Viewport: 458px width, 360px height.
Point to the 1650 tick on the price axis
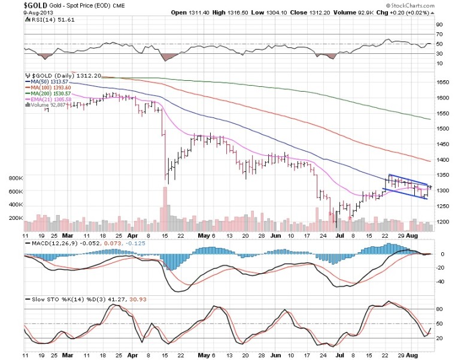pyautogui.click(x=443, y=82)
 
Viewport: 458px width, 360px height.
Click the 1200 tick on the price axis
pyautogui.click(x=443, y=222)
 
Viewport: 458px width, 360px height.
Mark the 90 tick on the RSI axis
pyautogui.click(x=439, y=25)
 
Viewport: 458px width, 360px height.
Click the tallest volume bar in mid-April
pyautogui.click(x=163, y=209)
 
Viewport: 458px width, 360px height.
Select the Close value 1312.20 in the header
pyautogui.click(x=299, y=12)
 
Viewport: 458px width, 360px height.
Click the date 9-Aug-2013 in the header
pyautogui.click(x=22, y=12)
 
